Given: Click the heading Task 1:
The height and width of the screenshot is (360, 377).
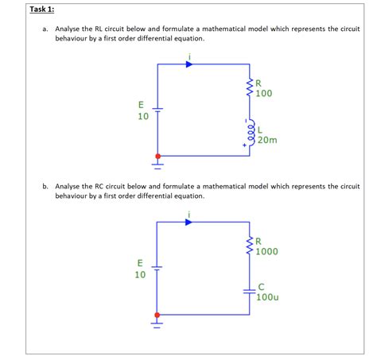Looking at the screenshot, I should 42,9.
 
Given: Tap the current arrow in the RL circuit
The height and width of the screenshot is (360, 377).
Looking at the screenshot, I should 188,64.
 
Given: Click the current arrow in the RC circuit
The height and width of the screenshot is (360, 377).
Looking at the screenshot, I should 188,222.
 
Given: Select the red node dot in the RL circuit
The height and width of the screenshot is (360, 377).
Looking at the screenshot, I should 157,156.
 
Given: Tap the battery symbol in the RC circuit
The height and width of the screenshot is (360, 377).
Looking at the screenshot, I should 157,268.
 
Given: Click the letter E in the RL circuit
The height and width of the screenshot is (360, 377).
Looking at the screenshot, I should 141,104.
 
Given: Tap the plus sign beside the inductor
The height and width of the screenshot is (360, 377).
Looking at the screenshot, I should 245,145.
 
